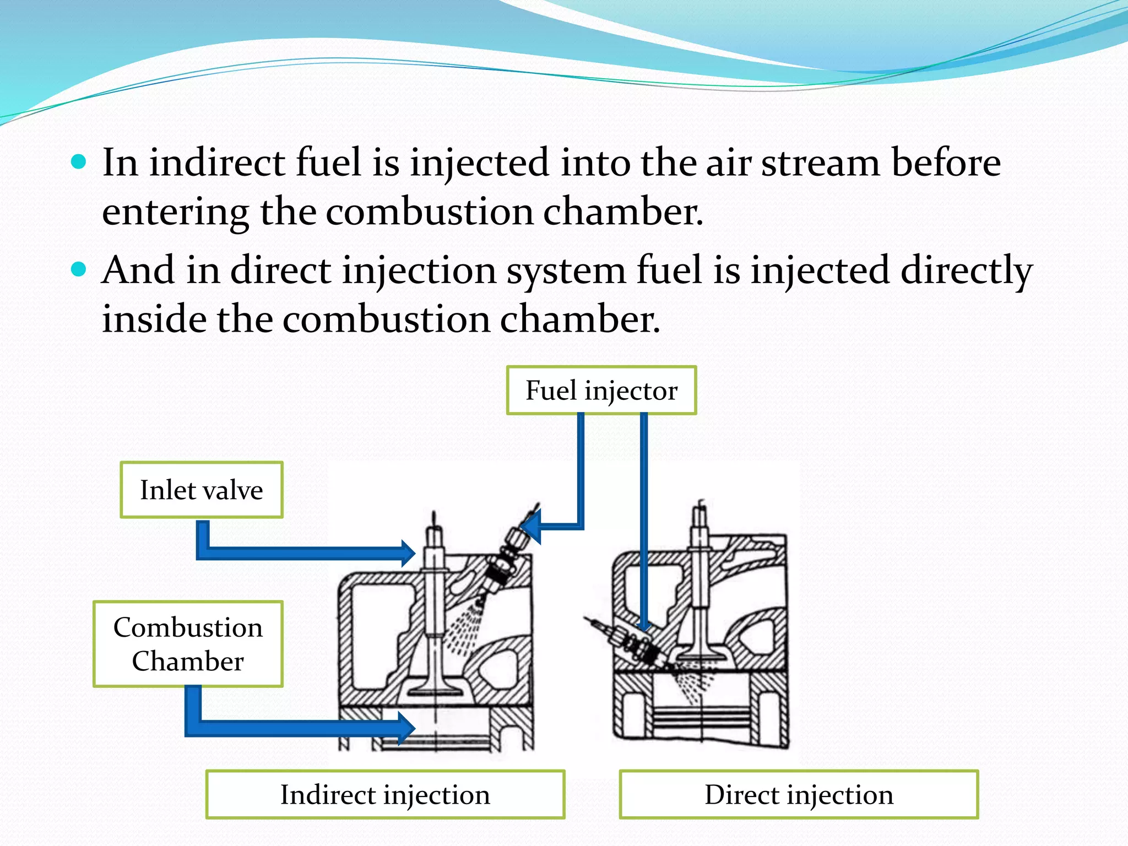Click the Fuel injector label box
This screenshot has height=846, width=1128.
pos(601,390)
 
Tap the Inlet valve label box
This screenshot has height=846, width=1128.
pos(202,490)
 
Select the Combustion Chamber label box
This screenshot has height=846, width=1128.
pos(188,644)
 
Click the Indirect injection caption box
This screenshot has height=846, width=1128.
pos(385,794)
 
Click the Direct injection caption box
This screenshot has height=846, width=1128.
pos(799,794)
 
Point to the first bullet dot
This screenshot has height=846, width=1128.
pos(79,162)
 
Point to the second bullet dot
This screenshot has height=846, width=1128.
pos(79,269)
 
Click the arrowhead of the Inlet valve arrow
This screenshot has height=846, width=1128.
pos(408,554)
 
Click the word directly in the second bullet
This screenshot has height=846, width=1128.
pos(966,270)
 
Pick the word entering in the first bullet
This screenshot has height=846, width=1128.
pos(175,213)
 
